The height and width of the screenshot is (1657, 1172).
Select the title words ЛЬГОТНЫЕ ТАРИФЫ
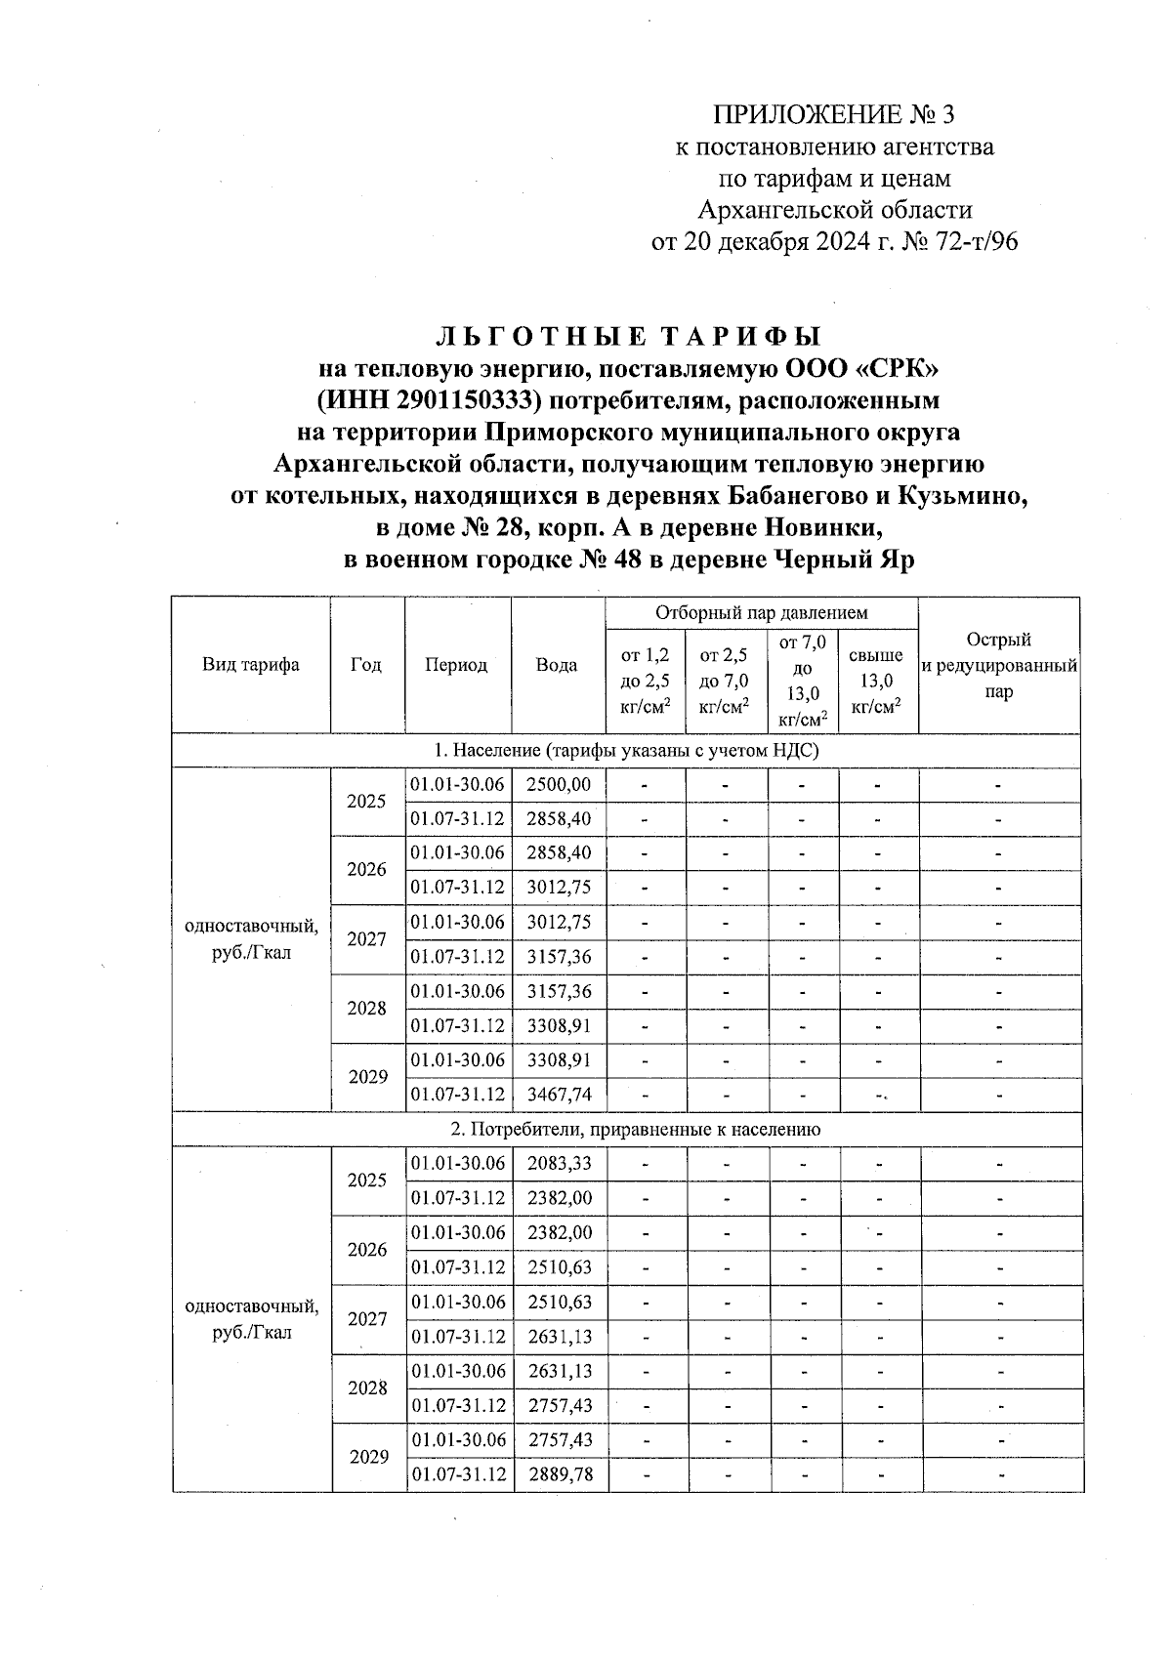(x=627, y=337)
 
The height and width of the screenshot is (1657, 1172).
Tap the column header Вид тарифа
(x=251, y=665)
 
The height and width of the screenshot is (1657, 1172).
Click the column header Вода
(x=557, y=665)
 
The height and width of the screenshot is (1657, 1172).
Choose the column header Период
(x=456, y=665)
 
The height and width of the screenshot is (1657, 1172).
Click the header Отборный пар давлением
(x=761, y=613)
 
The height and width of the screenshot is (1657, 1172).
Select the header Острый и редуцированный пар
(x=999, y=666)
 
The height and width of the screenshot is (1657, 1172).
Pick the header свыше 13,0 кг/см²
(x=876, y=681)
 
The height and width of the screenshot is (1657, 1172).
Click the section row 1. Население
(x=626, y=750)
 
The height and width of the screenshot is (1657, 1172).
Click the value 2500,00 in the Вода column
(x=559, y=784)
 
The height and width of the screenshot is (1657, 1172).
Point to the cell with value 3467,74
(x=559, y=1095)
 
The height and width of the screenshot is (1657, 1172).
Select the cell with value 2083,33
(x=559, y=1163)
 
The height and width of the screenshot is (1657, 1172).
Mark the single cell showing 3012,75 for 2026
(x=559, y=888)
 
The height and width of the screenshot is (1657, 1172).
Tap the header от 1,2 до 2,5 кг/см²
(x=645, y=681)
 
